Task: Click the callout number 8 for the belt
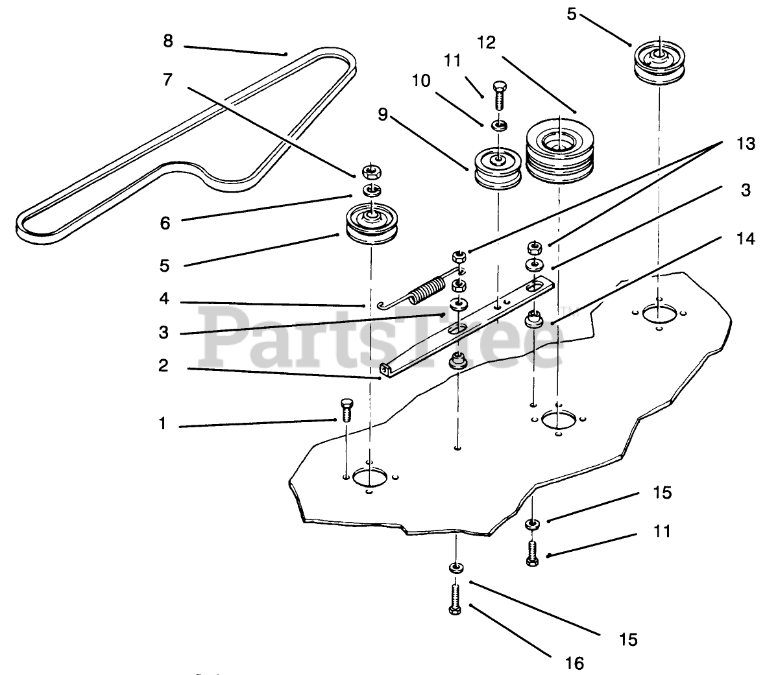[x=168, y=41]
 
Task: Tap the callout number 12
[x=486, y=43]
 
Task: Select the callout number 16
[x=574, y=663]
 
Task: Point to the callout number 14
[x=746, y=239]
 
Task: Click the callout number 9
[x=383, y=115]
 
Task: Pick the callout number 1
[x=162, y=424]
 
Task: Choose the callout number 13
[x=746, y=143]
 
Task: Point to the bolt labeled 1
[x=345, y=411]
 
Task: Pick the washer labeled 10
[x=498, y=124]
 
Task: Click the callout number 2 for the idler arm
[x=164, y=366]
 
